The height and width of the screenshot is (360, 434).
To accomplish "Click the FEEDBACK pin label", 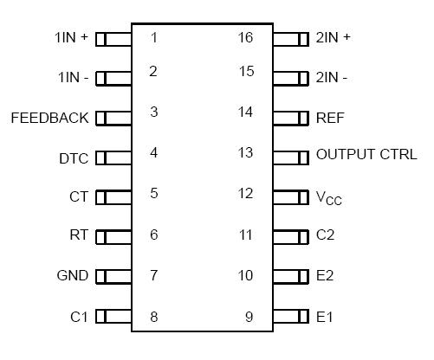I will [x=49, y=118].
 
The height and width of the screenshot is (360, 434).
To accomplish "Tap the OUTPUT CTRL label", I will [x=366, y=155].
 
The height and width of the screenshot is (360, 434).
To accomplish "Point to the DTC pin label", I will [x=73, y=158].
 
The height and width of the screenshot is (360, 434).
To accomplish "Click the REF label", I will [x=329, y=118].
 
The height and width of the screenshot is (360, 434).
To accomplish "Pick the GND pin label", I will [x=72, y=276].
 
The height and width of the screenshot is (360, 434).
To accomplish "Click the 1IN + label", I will [x=70, y=38].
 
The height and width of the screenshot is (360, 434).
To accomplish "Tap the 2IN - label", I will [x=334, y=78].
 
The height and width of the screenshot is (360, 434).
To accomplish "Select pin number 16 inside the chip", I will [x=246, y=37].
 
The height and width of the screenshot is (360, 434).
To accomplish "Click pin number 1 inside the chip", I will [x=153, y=37].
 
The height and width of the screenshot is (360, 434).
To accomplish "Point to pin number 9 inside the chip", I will [x=249, y=317].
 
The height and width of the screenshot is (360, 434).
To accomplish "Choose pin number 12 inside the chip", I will [x=246, y=192].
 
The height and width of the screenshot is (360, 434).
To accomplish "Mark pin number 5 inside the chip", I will [x=153, y=193].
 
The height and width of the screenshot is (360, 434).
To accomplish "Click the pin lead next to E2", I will [x=291, y=276].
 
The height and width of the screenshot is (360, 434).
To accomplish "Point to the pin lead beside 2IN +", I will [x=291, y=39].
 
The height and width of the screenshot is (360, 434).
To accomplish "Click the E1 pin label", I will [x=325, y=317].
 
